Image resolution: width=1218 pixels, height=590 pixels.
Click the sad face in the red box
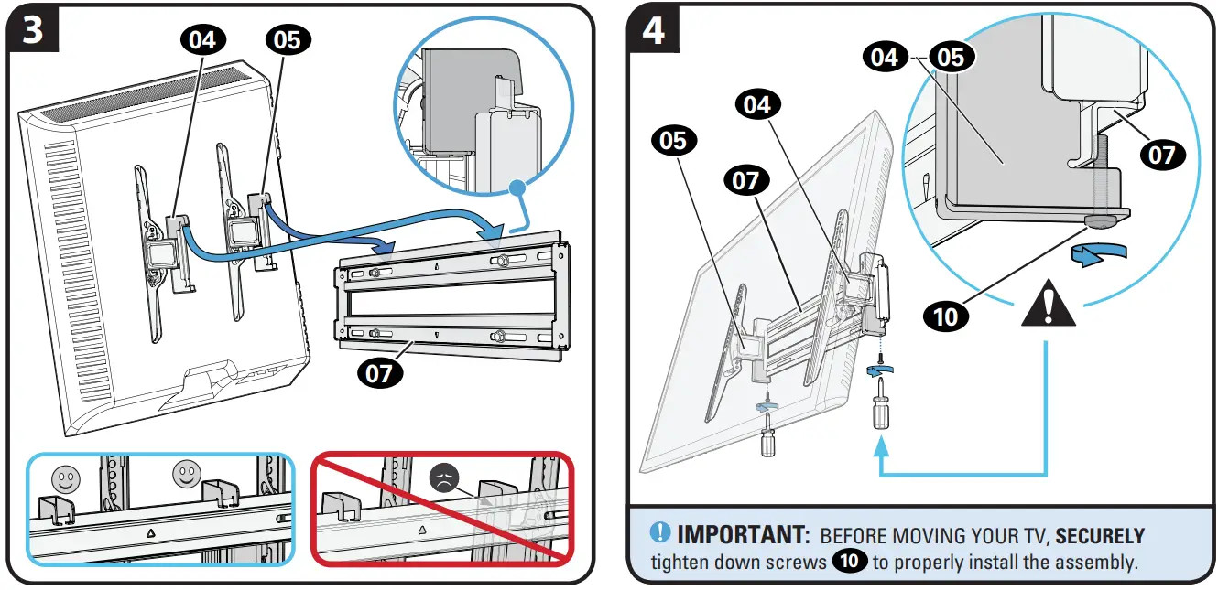tap(443, 478)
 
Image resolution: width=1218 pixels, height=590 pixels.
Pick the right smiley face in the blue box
tap(186, 473)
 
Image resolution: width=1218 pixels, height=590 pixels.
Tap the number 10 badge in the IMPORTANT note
tap(850, 561)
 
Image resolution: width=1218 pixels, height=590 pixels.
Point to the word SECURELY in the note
tap(1100, 535)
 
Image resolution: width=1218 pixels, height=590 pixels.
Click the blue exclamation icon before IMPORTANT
tap(660, 533)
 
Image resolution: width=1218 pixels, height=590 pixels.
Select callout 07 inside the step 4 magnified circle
tap(1160, 154)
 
